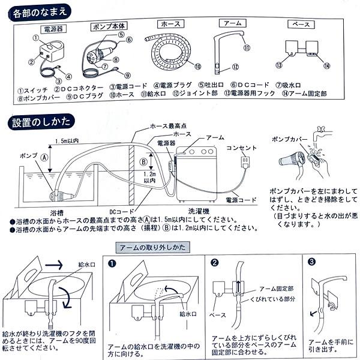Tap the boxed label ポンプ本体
pos(108,28)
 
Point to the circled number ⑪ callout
pos(246,47)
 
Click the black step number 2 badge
pos(215,262)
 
